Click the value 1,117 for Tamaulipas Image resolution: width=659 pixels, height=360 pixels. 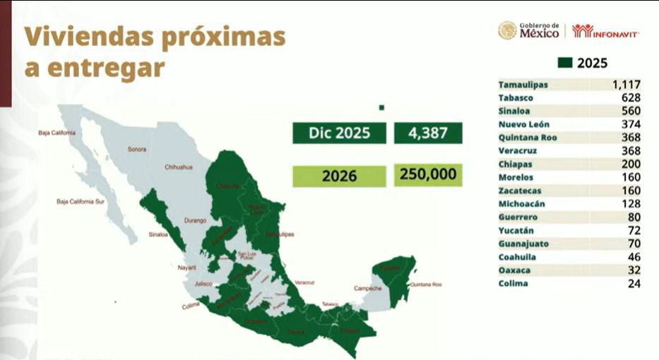tap(626, 85)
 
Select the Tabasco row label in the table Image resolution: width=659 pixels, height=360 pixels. tap(516, 98)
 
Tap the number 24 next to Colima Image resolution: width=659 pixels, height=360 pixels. tap(633, 284)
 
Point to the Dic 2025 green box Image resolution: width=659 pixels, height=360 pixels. tap(340, 133)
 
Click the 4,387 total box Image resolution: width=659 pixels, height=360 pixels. tap(428, 133)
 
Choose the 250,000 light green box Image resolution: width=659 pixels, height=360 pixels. tap(428, 174)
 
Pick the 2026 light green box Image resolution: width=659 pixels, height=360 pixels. tap(340, 176)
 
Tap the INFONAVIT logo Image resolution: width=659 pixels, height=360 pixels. tap(605, 31)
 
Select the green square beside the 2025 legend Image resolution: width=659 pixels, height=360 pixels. tap(564, 63)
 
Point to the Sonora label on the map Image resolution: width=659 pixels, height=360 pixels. tap(137, 149)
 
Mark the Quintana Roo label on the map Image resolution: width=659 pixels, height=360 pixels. tap(426, 284)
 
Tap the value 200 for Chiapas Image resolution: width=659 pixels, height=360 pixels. tap(631, 164)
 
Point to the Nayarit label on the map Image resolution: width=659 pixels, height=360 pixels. tap(186, 268)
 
